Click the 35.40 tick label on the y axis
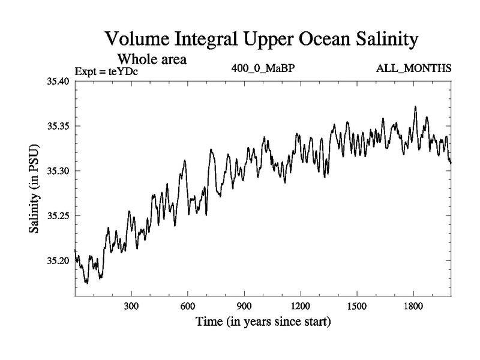(x=59, y=82)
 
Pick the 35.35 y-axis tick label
(x=59, y=127)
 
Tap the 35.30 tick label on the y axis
(x=59, y=171)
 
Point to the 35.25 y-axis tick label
(x=59, y=216)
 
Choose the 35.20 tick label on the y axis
(x=59, y=261)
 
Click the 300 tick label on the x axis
(x=131, y=306)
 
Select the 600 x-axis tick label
(x=188, y=306)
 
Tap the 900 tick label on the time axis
(x=244, y=306)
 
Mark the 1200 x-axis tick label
(x=301, y=306)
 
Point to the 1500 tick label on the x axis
(x=357, y=306)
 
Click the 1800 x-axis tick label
(x=413, y=306)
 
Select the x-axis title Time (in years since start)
(x=263, y=322)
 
